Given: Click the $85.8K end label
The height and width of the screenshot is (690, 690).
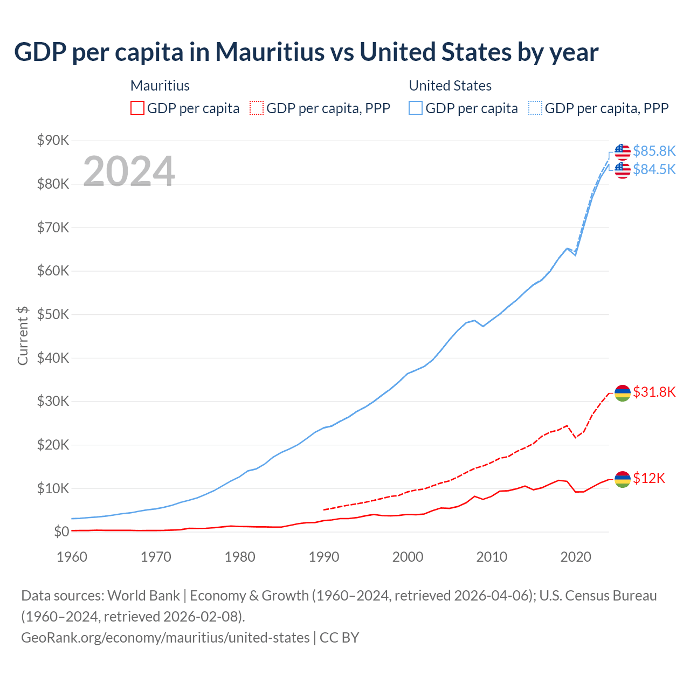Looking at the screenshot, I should (x=654, y=151).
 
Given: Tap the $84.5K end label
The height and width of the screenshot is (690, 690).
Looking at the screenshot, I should (x=654, y=169).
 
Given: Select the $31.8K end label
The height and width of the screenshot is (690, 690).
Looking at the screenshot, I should (x=654, y=392).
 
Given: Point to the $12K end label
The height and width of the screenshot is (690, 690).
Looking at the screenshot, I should (x=649, y=478).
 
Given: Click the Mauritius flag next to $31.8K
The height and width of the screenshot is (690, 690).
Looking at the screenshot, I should (x=623, y=393).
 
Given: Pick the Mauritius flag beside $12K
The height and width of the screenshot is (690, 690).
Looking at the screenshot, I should (x=623, y=479).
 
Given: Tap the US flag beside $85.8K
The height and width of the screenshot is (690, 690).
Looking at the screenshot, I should (x=623, y=152).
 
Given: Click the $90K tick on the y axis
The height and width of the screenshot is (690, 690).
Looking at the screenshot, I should (x=53, y=141).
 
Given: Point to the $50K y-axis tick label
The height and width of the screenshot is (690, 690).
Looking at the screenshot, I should (x=53, y=315).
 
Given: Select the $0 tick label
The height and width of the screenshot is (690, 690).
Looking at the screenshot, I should (x=61, y=532).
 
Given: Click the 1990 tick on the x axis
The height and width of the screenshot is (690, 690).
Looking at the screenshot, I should (x=323, y=557).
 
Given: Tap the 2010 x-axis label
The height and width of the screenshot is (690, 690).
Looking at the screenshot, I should (x=492, y=557).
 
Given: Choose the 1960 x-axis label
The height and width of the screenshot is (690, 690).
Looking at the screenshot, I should (x=72, y=557).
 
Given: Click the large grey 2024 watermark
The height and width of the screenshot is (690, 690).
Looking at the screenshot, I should (x=129, y=171).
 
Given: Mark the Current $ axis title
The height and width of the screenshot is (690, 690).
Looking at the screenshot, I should (x=23, y=335).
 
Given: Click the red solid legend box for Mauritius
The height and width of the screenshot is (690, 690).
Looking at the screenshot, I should (x=137, y=108).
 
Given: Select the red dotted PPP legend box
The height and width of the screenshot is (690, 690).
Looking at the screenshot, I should (x=257, y=108).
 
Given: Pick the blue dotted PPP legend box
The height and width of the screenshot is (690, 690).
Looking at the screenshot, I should (x=535, y=108).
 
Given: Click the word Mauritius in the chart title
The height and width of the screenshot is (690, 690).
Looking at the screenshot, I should (x=270, y=52).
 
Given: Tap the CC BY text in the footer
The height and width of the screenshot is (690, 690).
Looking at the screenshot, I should (x=340, y=638).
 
